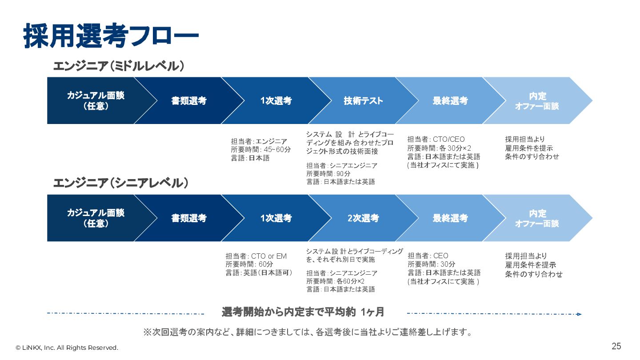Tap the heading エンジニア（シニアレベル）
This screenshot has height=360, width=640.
(x=120, y=183)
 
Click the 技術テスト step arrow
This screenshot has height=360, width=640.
(x=363, y=101)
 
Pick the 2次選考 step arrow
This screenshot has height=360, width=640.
(x=363, y=218)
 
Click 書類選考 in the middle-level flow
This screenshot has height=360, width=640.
(x=189, y=101)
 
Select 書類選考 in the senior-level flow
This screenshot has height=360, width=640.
(x=189, y=218)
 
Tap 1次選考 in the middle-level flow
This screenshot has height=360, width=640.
(x=276, y=101)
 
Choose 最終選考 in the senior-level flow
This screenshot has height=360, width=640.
(x=450, y=218)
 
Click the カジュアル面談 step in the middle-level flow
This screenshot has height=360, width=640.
(x=96, y=101)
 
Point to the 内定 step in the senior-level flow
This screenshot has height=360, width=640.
(x=537, y=218)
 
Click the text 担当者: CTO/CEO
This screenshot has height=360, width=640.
(x=436, y=140)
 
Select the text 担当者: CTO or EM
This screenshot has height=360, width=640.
(x=256, y=256)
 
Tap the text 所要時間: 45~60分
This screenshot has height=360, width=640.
(x=261, y=149)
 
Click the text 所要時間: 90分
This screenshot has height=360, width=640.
(x=328, y=173)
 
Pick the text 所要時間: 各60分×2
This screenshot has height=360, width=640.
(x=336, y=281)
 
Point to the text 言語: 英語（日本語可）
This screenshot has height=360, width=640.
(x=259, y=273)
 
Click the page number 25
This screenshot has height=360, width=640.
(x=616, y=346)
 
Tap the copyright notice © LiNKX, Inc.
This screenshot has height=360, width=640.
(x=67, y=348)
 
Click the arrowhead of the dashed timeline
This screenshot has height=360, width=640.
(x=579, y=314)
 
